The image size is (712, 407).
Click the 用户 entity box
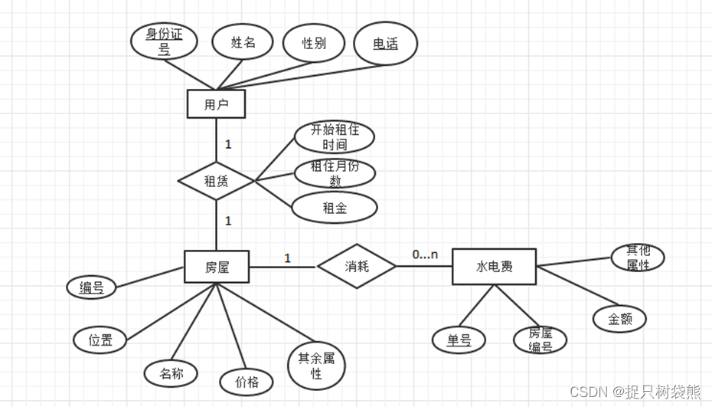[x=216, y=104]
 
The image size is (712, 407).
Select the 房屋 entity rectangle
[x=217, y=268]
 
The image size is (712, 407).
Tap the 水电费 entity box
[x=494, y=267]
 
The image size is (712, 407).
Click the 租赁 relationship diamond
[x=216, y=182]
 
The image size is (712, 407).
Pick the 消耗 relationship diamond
[x=357, y=267]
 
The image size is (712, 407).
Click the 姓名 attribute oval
[x=243, y=43]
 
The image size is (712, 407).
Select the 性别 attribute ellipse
[x=314, y=43]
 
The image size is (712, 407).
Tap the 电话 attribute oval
[x=386, y=44]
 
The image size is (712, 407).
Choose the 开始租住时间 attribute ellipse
[x=334, y=137]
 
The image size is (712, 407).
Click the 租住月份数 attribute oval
[x=335, y=172]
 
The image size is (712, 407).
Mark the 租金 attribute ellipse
[x=335, y=207]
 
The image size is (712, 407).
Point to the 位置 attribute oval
[x=100, y=340]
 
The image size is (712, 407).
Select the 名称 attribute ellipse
[x=171, y=374]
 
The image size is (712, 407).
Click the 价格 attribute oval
[x=247, y=381]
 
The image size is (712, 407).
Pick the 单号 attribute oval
[x=459, y=340]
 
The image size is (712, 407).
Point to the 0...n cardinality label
[x=425, y=254]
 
